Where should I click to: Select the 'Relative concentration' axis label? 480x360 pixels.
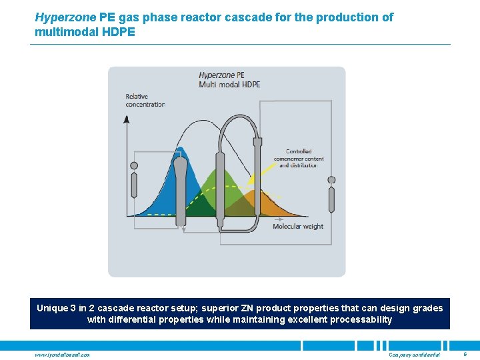click(x=145, y=100)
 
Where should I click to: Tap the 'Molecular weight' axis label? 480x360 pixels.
click(x=298, y=227)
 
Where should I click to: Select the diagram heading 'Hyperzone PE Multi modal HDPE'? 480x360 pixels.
click(x=229, y=79)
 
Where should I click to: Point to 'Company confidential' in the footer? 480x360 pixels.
click(x=414, y=355)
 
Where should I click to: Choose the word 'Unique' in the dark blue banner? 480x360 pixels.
click(x=52, y=308)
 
